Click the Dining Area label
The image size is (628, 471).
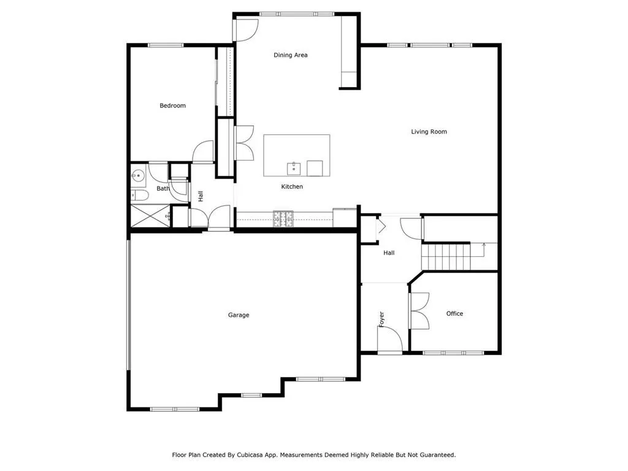click(291, 55)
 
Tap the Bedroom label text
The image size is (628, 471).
click(172, 105)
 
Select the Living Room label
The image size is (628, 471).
click(429, 131)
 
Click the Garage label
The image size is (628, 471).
click(239, 315)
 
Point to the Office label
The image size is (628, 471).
click(454, 313)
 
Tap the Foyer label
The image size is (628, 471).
click(381, 319)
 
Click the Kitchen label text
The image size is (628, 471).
click(292, 186)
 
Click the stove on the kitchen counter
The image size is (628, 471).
click(283, 216)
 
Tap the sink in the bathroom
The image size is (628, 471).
click(139, 176)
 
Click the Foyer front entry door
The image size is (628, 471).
click(391, 341)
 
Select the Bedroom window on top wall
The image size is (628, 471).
click(166, 45)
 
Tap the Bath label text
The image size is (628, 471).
click(163, 188)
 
